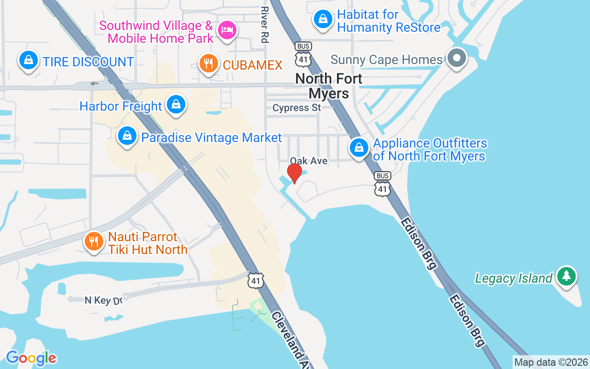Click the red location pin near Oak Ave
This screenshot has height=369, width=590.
(x=294, y=173)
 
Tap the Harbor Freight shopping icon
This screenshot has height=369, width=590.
(x=176, y=105)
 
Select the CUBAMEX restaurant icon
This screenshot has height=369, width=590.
(x=208, y=64)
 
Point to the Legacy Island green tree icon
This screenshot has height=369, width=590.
(x=566, y=276)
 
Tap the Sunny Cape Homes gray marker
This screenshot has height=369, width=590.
(x=457, y=59)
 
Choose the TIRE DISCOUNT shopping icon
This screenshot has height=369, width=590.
(x=29, y=61)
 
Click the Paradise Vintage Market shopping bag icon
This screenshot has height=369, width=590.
(x=127, y=136)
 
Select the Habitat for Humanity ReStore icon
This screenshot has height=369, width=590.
(x=324, y=19)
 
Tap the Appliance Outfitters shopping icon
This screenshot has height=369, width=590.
(x=359, y=148)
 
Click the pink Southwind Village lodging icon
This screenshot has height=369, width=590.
(x=226, y=30)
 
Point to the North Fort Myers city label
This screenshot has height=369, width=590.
(x=329, y=86)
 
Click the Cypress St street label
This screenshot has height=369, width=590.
(x=296, y=108)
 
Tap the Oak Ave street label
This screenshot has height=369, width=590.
(x=308, y=161)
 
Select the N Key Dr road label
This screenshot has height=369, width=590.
(x=103, y=301)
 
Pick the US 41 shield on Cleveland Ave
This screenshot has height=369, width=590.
(x=255, y=280)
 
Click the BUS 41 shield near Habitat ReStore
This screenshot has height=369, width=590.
(x=303, y=54)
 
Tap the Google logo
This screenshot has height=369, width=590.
(x=31, y=358)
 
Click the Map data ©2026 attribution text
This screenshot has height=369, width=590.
(x=551, y=362)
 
